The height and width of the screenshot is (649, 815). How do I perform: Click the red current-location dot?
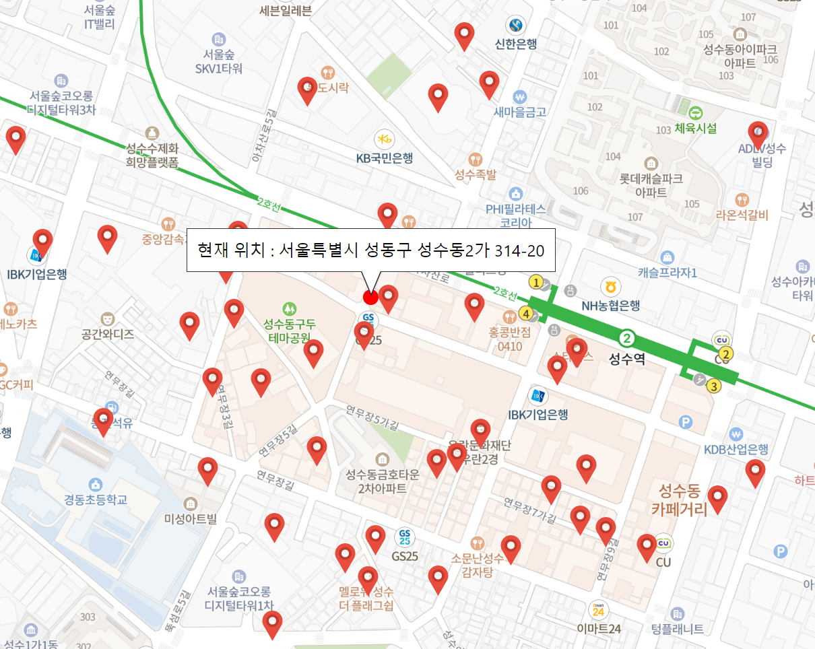(x=370, y=297)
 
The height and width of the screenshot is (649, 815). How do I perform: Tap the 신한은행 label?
(x=516, y=44)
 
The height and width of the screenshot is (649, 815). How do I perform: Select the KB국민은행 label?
(x=384, y=158)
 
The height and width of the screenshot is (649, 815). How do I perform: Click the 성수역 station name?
(x=626, y=359)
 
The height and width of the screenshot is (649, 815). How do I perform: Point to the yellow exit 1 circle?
(x=536, y=282)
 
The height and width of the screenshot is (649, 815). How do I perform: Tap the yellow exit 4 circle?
(x=525, y=313)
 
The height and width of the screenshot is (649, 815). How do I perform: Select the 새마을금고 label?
(x=519, y=112)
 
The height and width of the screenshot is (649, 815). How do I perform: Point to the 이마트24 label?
(x=598, y=628)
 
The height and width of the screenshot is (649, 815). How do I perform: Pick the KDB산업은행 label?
(x=736, y=449)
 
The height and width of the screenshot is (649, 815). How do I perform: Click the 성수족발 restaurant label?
(x=476, y=175)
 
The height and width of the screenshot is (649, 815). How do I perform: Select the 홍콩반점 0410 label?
(x=510, y=339)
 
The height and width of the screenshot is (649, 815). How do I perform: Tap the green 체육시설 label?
(x=695, y=128)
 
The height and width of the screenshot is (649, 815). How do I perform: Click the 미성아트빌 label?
(x=191, y=518)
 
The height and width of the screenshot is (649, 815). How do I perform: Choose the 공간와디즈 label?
(x=107, y=333)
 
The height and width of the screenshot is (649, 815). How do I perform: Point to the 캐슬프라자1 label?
(x=667, y=273)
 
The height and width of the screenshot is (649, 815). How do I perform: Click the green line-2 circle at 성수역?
(x=627, y=337)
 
